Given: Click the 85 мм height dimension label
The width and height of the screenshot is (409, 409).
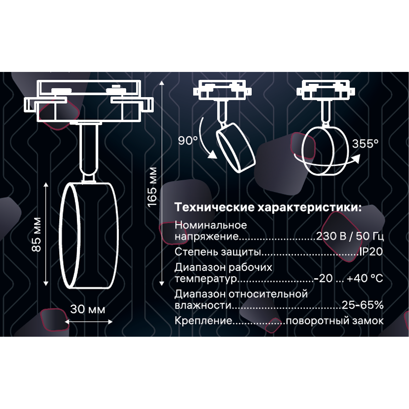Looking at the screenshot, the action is [x=36, y=235].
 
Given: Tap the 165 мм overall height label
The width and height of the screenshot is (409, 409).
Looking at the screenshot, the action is [x=152, y=187].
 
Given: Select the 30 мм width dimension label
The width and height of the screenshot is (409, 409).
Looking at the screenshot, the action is [x=88, y=309].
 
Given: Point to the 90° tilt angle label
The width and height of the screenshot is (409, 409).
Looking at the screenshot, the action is [x=188, y=140].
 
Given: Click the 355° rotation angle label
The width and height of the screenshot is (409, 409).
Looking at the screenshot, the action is [x=365, y=144].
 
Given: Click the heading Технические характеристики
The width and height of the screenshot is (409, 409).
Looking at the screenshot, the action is [x=268, y=207].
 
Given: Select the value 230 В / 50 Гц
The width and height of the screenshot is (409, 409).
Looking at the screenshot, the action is [x=350, y=236].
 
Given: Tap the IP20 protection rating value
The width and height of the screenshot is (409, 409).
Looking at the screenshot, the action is [x=371, y=252].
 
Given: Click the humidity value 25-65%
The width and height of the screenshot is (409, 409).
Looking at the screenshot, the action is [x=363, y=305].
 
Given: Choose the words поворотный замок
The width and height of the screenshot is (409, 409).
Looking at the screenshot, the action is [x=335, y=321].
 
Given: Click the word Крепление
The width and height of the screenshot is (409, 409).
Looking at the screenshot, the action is [x=203, y=321].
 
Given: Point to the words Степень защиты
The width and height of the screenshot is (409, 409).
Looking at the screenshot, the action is [x=217, y=252].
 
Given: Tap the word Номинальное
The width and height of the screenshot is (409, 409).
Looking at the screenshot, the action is [x=211, y=225].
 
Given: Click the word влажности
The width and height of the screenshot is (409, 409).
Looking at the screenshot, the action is [x=203, y=305].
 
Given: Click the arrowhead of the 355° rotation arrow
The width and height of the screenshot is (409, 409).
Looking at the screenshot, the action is [x=356, y=158].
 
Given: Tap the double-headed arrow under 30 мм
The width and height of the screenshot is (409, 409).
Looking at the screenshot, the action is [x=89, y=322].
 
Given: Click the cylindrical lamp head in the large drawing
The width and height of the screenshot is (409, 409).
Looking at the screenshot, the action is [x=89, y=236].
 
